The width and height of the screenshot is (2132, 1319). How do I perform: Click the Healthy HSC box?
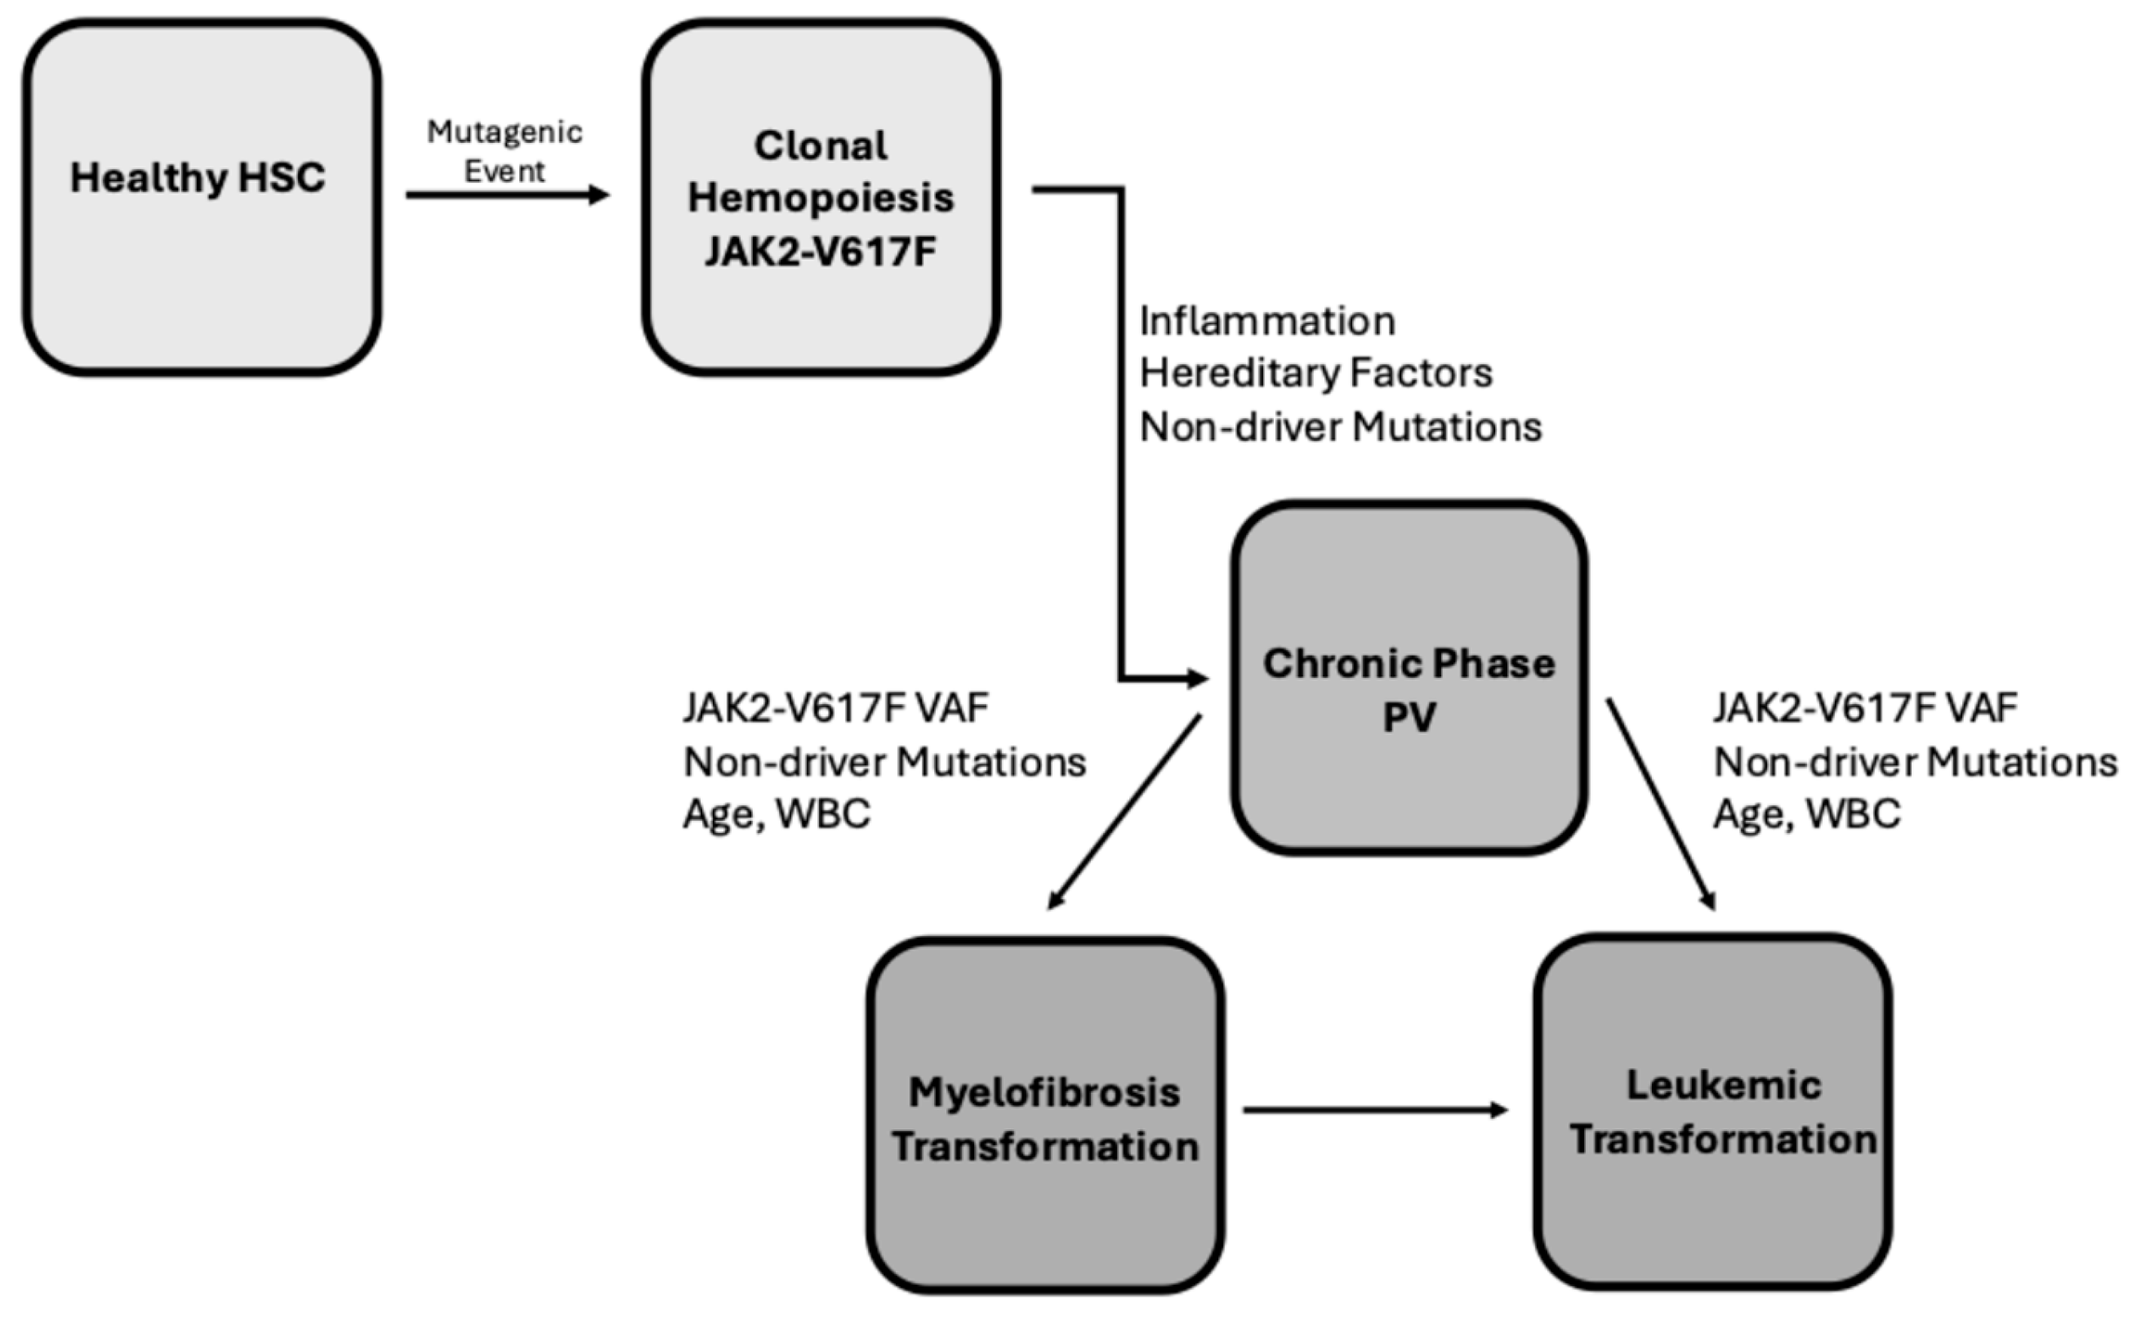(202, 197)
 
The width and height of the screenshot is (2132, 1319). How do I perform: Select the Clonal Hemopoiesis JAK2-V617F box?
(821, 197)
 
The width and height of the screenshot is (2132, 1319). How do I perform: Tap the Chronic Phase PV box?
(1409, 678)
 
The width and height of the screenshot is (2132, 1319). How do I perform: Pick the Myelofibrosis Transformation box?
(1044, 1115)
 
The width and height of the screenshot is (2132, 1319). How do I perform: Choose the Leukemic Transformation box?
(1712, 1112)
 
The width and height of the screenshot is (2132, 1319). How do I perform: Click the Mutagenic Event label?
(505, 151)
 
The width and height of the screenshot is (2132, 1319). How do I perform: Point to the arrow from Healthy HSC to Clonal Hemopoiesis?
(508, 194)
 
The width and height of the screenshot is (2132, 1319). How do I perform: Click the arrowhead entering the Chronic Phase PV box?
(1197, 678)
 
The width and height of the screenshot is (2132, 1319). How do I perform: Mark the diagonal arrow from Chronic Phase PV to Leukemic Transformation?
(1661, 804)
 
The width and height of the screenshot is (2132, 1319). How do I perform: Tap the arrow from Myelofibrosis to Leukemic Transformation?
(1375, 1110)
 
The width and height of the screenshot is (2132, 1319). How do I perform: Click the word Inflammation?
(1267, 321)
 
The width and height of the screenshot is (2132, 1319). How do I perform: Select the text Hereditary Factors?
(1315, 373)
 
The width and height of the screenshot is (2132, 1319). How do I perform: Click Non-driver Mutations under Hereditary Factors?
(1341, 427)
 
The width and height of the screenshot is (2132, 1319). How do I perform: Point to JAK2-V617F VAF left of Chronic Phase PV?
(835, 707)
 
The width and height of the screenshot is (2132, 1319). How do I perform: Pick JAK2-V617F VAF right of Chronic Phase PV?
(1865, 707)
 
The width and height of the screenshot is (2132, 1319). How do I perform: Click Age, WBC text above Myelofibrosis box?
(777, 815)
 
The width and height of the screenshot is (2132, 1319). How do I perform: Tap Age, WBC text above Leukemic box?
(1808, 815)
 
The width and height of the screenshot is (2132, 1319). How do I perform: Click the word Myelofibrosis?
(1044, 1093)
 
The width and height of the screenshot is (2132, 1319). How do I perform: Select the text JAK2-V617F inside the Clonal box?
(821, 252)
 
